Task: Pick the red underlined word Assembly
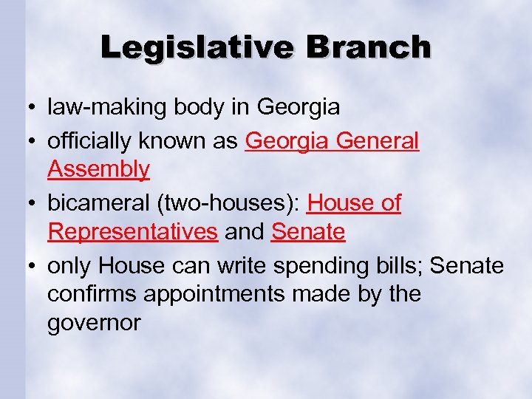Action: click(x=98, y=169)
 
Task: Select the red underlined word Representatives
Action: click(x=132, y=232)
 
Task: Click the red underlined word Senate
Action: click(x=308, y=232)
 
